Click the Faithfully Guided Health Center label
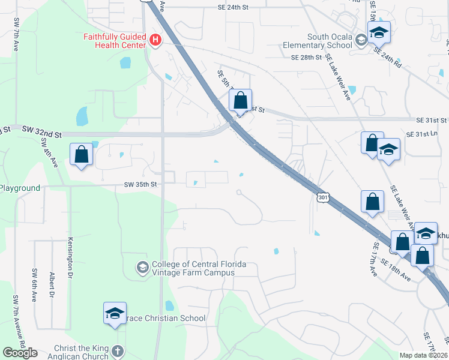(114, 41)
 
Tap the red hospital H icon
(155, 40)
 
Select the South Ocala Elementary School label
(330, 41)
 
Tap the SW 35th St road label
(140, 185)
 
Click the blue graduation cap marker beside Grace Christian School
(115, 314)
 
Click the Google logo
(20, 353)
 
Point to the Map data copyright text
(424, 355)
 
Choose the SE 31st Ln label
(423, 134)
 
